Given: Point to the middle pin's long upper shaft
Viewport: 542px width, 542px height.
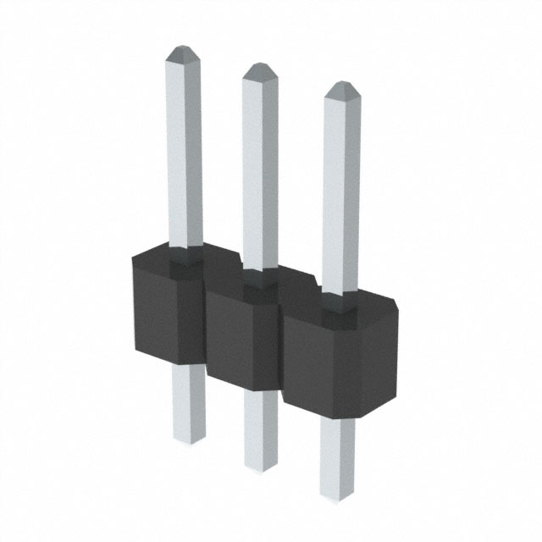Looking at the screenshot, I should pos(259,169).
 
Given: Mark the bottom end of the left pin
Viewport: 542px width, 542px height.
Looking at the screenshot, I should pos(190,439).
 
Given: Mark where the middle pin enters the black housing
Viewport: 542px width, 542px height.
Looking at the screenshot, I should pos(258,274).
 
